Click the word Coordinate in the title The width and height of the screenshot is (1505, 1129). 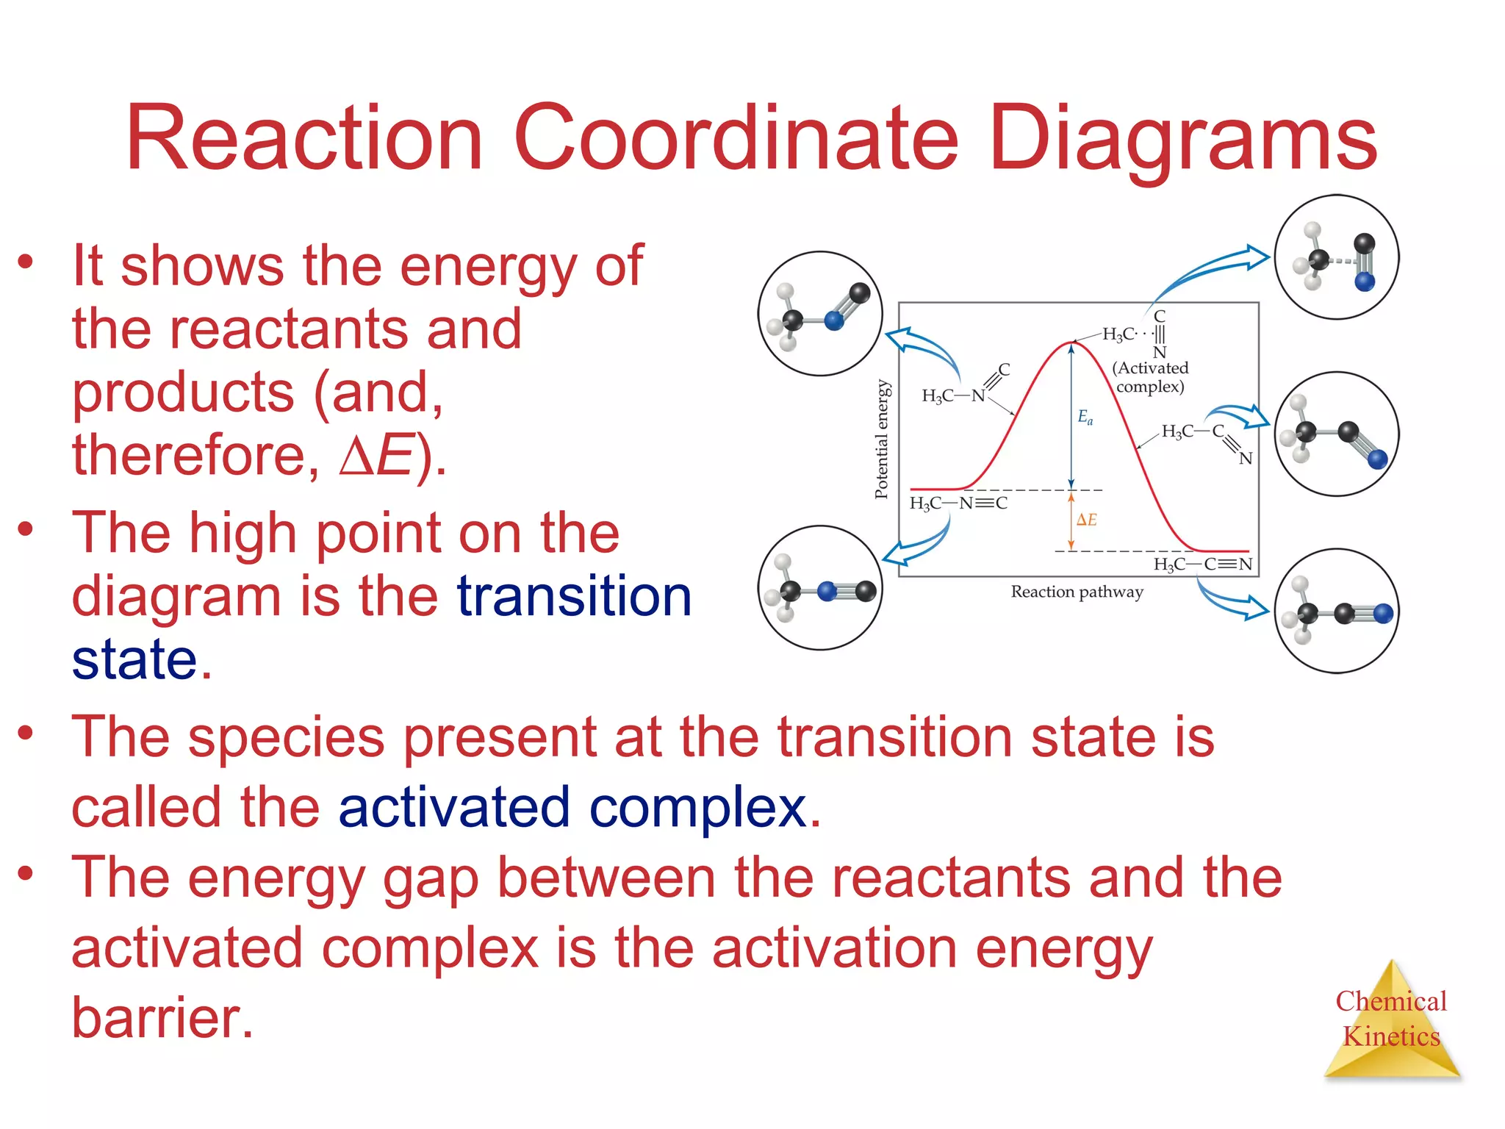(736, 138)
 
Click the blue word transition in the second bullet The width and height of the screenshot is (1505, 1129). (574, 595)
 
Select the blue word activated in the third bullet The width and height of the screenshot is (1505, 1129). (453, 807)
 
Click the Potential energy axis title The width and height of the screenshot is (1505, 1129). (882, 439)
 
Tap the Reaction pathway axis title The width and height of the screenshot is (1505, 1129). (1077, 592)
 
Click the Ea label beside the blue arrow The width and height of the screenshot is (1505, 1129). (1085, 417)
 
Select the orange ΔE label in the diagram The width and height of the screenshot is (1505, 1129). (1086, 520)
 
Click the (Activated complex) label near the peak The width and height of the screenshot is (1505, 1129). (1150, 377)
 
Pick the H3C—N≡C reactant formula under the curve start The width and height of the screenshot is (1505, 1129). (958, 503)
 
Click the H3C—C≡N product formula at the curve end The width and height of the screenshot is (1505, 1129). (1202, 564)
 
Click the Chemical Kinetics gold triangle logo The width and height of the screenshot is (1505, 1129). (1391, 1022)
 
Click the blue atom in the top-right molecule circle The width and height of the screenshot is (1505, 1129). (1365, 281)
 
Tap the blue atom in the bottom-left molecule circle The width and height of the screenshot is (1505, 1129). (827, 591)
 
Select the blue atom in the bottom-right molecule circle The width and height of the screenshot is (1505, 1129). (1383, 613)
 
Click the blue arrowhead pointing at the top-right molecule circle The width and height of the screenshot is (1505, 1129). (1258, 257)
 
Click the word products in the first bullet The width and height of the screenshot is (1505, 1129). (183, 392)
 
